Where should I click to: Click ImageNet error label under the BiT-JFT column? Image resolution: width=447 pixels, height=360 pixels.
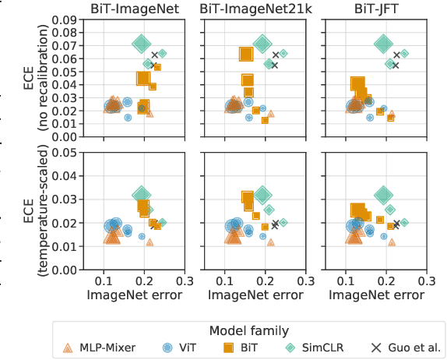point(377,296)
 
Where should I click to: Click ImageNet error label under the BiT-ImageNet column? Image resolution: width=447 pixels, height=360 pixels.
point(135,296)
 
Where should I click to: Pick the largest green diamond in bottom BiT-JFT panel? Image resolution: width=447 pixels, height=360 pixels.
point(383,195)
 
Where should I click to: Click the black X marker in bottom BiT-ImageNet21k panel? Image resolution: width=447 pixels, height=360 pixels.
point(275,224)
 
